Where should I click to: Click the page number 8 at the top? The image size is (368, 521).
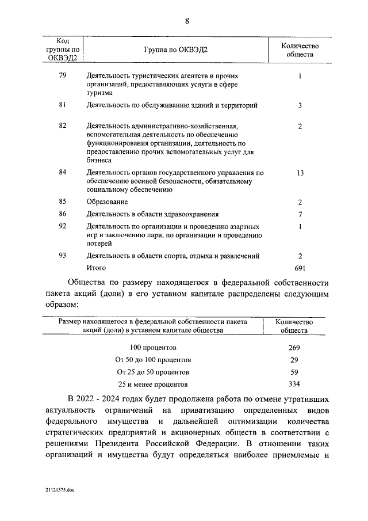[x=187, y=21]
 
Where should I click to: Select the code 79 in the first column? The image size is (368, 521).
[x=63, y=76]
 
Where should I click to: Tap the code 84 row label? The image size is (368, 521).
[x=63, y=172]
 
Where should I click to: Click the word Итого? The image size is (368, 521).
[x=97, y=268]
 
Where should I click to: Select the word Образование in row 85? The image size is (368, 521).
[x=107, y=201]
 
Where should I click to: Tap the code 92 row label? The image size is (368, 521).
[x=63, y=226]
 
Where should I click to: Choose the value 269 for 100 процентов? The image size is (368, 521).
[x=294, y=348]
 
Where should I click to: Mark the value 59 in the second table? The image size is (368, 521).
[x=294, y=372]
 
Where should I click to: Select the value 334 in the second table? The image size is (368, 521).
[x=294, y=384]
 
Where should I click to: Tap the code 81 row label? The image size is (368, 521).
[x=63, y=105]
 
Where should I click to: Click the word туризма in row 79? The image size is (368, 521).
[x=101, y=92]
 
